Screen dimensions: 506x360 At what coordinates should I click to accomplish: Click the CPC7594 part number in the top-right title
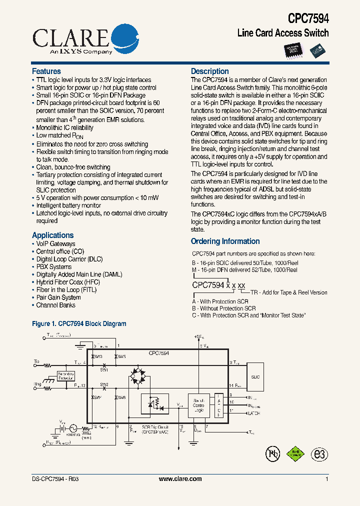point(308,18)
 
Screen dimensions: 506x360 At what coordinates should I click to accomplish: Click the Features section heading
point(46,71)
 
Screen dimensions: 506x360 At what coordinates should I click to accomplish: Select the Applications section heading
point(52,235)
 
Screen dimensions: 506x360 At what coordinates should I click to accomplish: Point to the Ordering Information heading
point(225,241)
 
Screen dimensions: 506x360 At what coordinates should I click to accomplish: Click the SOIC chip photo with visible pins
point(295,49)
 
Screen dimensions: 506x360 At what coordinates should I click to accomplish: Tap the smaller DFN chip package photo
point(317,49)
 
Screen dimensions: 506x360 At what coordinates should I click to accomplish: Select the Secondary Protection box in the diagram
point(66,376)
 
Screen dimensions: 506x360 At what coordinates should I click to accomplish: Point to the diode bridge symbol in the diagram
point(140,376)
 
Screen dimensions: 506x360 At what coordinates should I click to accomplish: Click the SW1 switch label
point(104,369)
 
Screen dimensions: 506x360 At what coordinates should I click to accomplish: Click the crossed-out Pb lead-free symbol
point(272,453)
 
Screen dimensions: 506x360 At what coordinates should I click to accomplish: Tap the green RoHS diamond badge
point(295,453)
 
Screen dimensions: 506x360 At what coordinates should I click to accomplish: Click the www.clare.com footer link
point(180,479)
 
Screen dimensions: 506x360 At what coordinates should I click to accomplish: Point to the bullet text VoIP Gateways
point(55,244)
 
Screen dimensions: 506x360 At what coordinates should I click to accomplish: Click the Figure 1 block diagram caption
point(79,324)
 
